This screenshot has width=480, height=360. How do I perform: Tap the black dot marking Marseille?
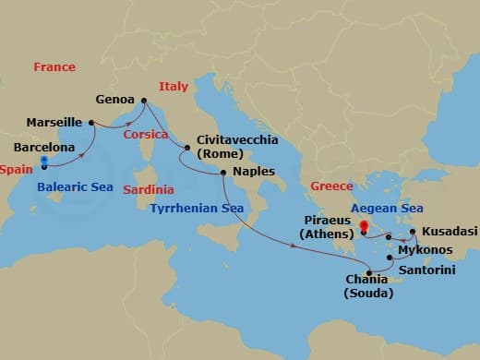tap(91, 122)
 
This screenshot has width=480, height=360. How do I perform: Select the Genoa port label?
tap(114, 99)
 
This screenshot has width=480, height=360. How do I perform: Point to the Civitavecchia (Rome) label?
tap(230, 150)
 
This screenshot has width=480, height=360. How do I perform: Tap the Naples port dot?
tap(223, 173)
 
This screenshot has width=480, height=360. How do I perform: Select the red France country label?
tap(54, 67)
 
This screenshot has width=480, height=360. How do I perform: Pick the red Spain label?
tap(16, 170)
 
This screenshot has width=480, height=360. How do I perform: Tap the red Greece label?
tap(331, 186)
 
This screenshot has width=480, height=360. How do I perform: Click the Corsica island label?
tap(146, 135)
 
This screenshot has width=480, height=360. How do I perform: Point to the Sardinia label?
tap(148, 189)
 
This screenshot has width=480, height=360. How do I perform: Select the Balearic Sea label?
tap(76, 186)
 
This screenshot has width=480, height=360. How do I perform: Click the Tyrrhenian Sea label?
tap(197, 208)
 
